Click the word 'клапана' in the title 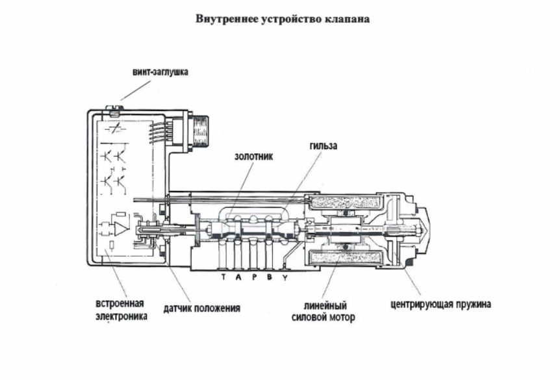[348, 19]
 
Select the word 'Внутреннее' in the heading [223, 19]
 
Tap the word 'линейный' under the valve [325, 305]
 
